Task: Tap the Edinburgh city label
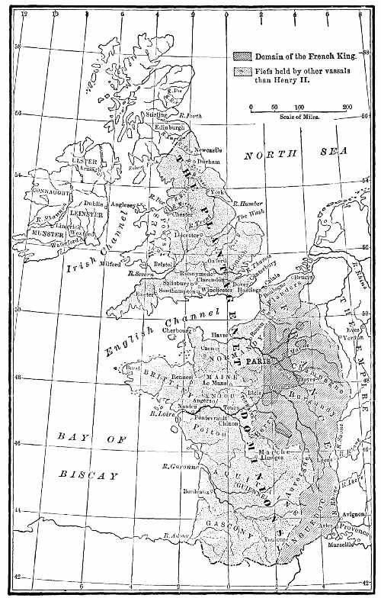pos(171,127)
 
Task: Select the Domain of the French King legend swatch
pos(242,57)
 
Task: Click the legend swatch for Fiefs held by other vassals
pos(242,71)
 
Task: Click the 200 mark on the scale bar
pos(347,107)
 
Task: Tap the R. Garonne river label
pos(179,466)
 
